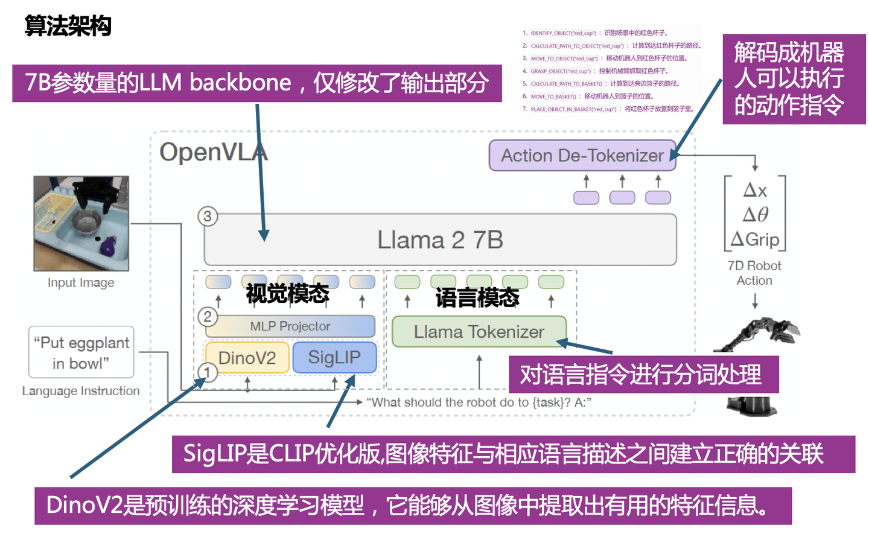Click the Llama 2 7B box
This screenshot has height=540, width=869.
[x=440, y=240]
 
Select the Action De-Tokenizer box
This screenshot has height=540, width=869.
[x=582, y=156]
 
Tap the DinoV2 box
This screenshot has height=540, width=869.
[x=247, y=358]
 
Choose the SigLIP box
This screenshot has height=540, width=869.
[x=334, y=357]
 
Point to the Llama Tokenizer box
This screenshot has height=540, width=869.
[x=479, y=332]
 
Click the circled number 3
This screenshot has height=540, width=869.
[x=208, y=217]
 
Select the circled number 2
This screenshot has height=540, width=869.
[x=208, y=317]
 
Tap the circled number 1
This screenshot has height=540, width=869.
[x=207, y=372]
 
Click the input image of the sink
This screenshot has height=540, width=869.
[x=81, y=223]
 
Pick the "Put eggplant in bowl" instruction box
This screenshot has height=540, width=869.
[x=81, y=352]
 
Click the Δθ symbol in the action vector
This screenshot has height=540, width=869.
[x=755, y=215]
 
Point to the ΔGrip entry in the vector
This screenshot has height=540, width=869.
[x=755, y=240]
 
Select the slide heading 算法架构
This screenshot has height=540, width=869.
[x=68, y=26]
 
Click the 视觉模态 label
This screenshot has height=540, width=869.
[x=287, y=294]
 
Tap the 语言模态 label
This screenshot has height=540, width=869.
[x=477, y=297]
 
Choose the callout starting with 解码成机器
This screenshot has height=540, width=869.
[x=793, y=79]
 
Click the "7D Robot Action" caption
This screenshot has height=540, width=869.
[x=754, y=273]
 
